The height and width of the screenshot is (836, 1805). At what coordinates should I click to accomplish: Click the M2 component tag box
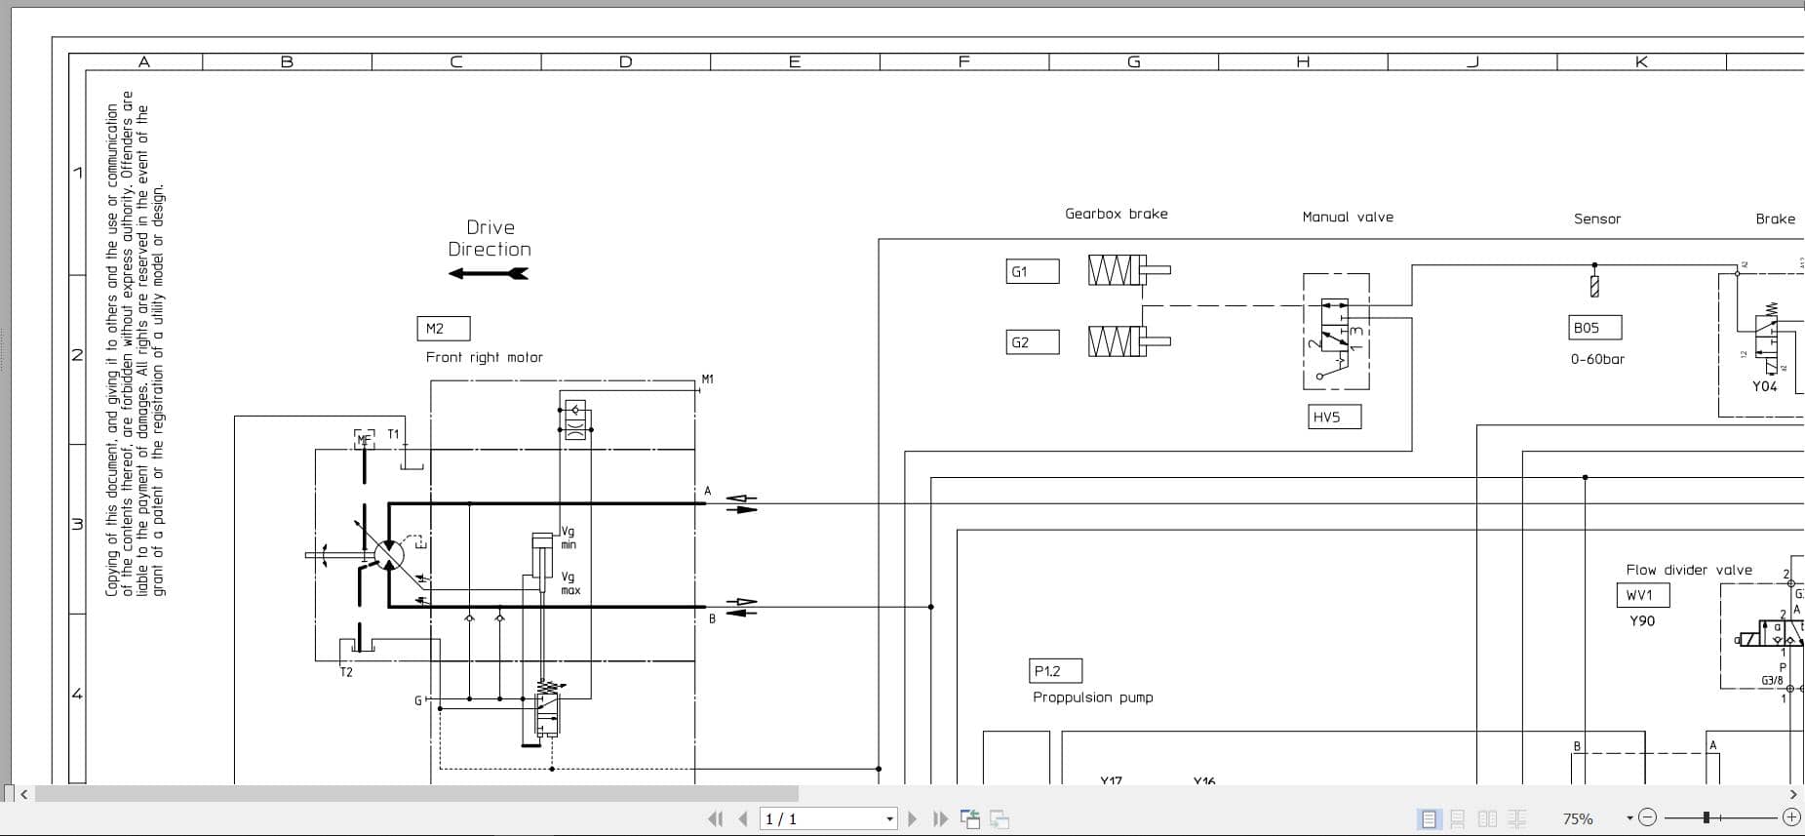coord(444,329)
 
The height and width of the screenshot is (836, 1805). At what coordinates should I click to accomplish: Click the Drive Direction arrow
coord(488,274)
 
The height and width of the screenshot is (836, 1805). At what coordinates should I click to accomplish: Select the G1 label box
coord(1032,271)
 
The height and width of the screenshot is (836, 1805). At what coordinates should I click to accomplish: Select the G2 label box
coord(1032,342)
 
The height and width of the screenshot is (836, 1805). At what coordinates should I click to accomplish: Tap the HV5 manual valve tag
coord(1333,418)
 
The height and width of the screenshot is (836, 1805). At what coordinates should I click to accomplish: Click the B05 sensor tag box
coord(1595,328)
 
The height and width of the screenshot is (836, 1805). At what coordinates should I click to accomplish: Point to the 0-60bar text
coord(1597,359)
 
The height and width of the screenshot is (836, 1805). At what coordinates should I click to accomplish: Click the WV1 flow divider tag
coord(1642,595)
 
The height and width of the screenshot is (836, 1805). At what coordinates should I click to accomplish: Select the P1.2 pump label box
coord(1055,671)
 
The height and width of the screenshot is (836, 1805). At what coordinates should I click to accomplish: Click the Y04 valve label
coord(1764,386)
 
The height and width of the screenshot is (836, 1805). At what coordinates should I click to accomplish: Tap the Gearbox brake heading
coord(1116,214)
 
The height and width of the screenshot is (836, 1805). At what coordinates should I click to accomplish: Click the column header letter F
coord(963,61)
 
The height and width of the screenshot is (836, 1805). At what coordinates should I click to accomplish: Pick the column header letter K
coord(1640,61)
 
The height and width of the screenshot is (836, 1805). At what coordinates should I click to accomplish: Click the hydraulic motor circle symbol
coord(389,555)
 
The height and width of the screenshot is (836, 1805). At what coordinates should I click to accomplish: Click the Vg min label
coord(568,537)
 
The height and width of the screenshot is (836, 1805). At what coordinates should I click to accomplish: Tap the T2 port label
coord(346,672)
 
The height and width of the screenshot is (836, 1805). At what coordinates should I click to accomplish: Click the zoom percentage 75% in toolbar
coord(1577,819)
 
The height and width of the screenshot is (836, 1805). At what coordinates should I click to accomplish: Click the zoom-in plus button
coord(1790,817)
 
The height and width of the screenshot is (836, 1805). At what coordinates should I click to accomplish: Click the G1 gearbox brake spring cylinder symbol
coord(1121,270)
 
